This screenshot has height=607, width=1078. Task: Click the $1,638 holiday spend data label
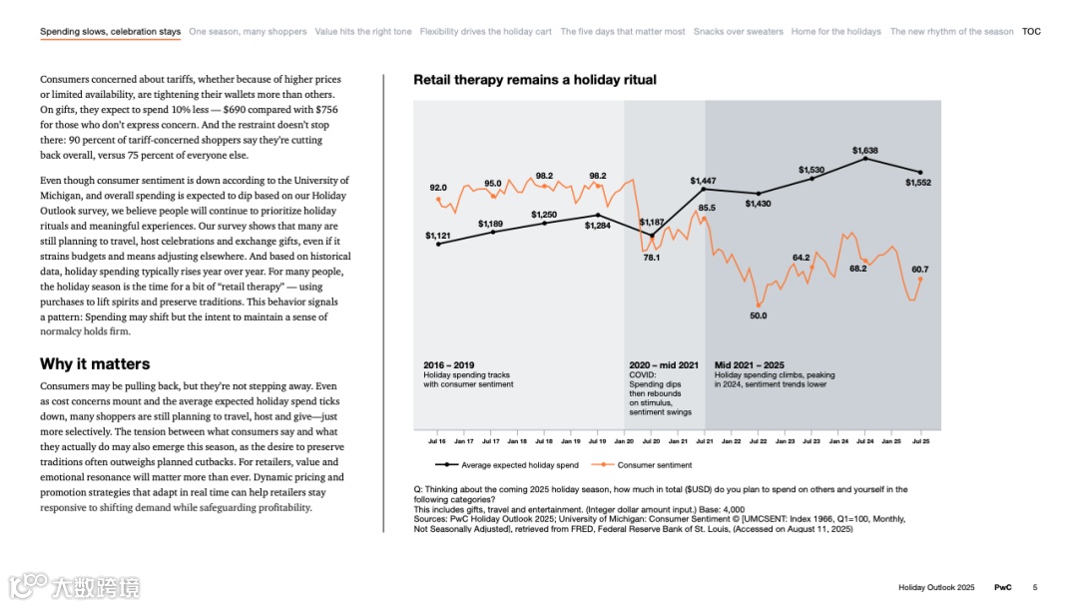865,151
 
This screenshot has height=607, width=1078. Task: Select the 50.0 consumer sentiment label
759,315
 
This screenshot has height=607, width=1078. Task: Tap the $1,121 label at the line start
438,236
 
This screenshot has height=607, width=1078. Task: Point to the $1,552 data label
918,183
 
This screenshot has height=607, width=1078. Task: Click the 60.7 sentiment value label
919,270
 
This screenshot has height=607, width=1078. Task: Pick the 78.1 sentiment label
651,258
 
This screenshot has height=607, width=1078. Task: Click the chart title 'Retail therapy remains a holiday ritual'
535,80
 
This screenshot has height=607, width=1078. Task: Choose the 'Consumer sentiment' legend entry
654,465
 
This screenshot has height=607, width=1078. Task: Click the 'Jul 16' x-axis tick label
437,440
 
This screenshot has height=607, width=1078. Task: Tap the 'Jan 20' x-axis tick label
624,440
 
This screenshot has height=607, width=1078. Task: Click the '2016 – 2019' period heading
449,365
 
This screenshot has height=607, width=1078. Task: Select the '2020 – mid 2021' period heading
664,365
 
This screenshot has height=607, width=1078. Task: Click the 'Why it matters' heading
95,364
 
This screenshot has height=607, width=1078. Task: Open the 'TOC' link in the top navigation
1031,32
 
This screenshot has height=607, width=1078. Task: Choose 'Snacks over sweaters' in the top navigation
738,32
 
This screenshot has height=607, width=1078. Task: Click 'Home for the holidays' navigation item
835,32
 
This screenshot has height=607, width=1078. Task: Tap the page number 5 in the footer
1035,587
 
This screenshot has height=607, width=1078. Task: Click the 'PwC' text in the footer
1002,587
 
